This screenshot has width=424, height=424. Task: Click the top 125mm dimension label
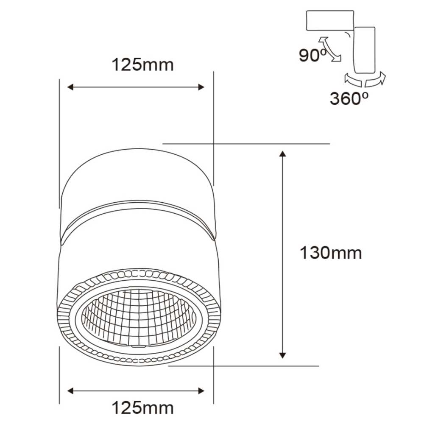pos(142,65)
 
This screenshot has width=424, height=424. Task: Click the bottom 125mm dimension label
pos(142,408)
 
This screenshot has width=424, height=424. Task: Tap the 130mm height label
pos(331,253)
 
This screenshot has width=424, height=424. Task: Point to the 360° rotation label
pos(349,99)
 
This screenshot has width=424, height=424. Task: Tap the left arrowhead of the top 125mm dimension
pos(71,87)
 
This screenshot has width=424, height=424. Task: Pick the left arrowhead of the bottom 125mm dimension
pos(71,390)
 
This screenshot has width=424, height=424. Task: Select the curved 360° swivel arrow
pos(365,80)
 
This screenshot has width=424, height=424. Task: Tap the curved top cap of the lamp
pos(138,174)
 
